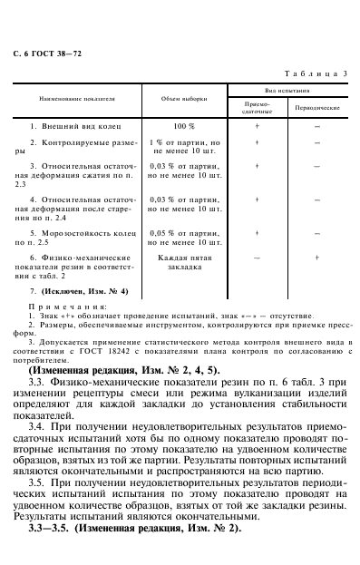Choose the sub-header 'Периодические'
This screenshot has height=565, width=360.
coord(317,107)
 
